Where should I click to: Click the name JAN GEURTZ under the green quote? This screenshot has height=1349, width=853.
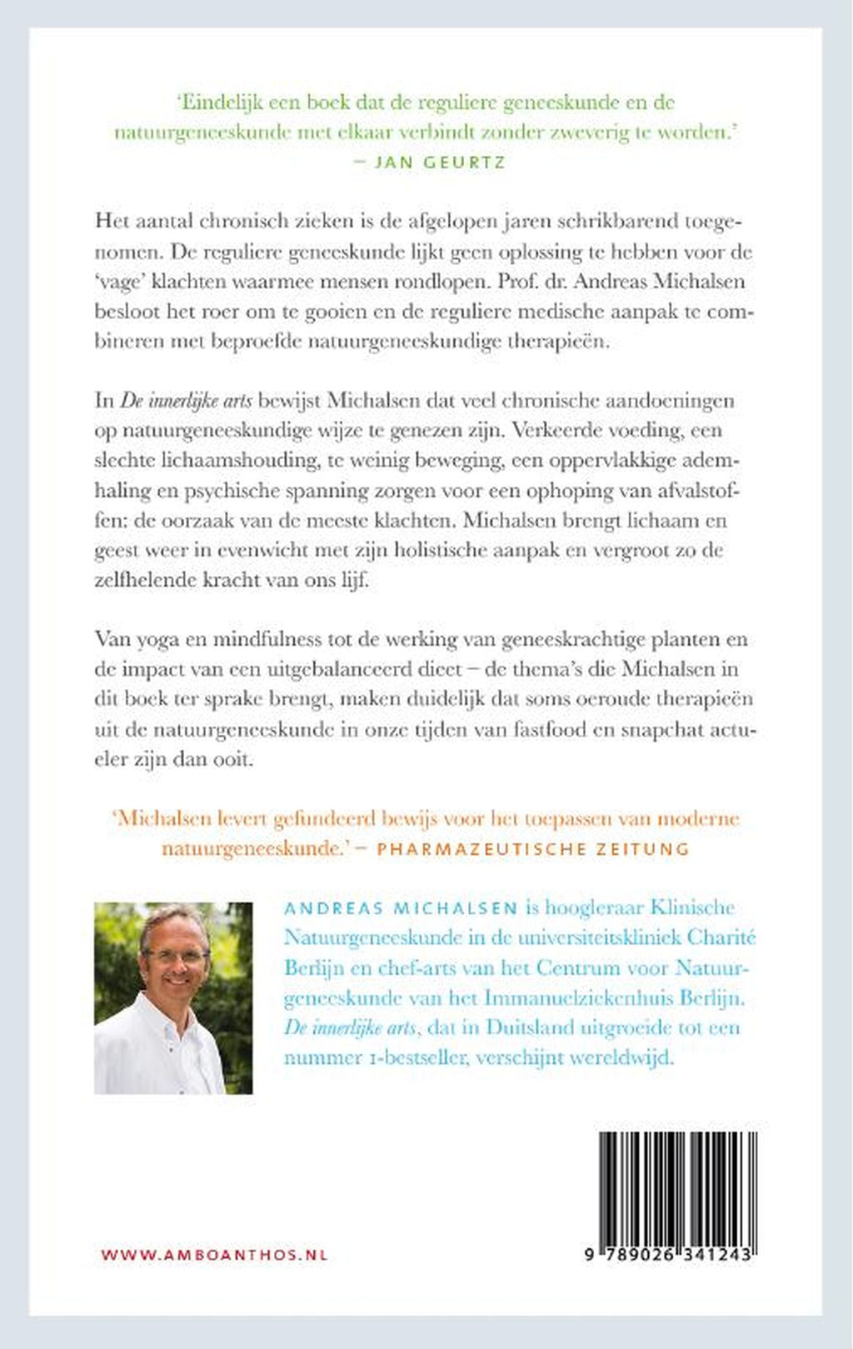pyautogui.click(x=440, y=162)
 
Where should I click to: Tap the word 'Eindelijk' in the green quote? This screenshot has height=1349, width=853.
pyautogui.click(x=219, y=102)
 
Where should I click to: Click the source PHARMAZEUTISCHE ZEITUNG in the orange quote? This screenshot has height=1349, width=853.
pyautogui.click(x=533, y=849)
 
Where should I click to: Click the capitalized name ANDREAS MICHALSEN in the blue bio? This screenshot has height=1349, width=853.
pyautogui.click(x=401, y=908)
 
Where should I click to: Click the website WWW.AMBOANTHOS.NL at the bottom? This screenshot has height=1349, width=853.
pyautogui.click(x=214, y=1255)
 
